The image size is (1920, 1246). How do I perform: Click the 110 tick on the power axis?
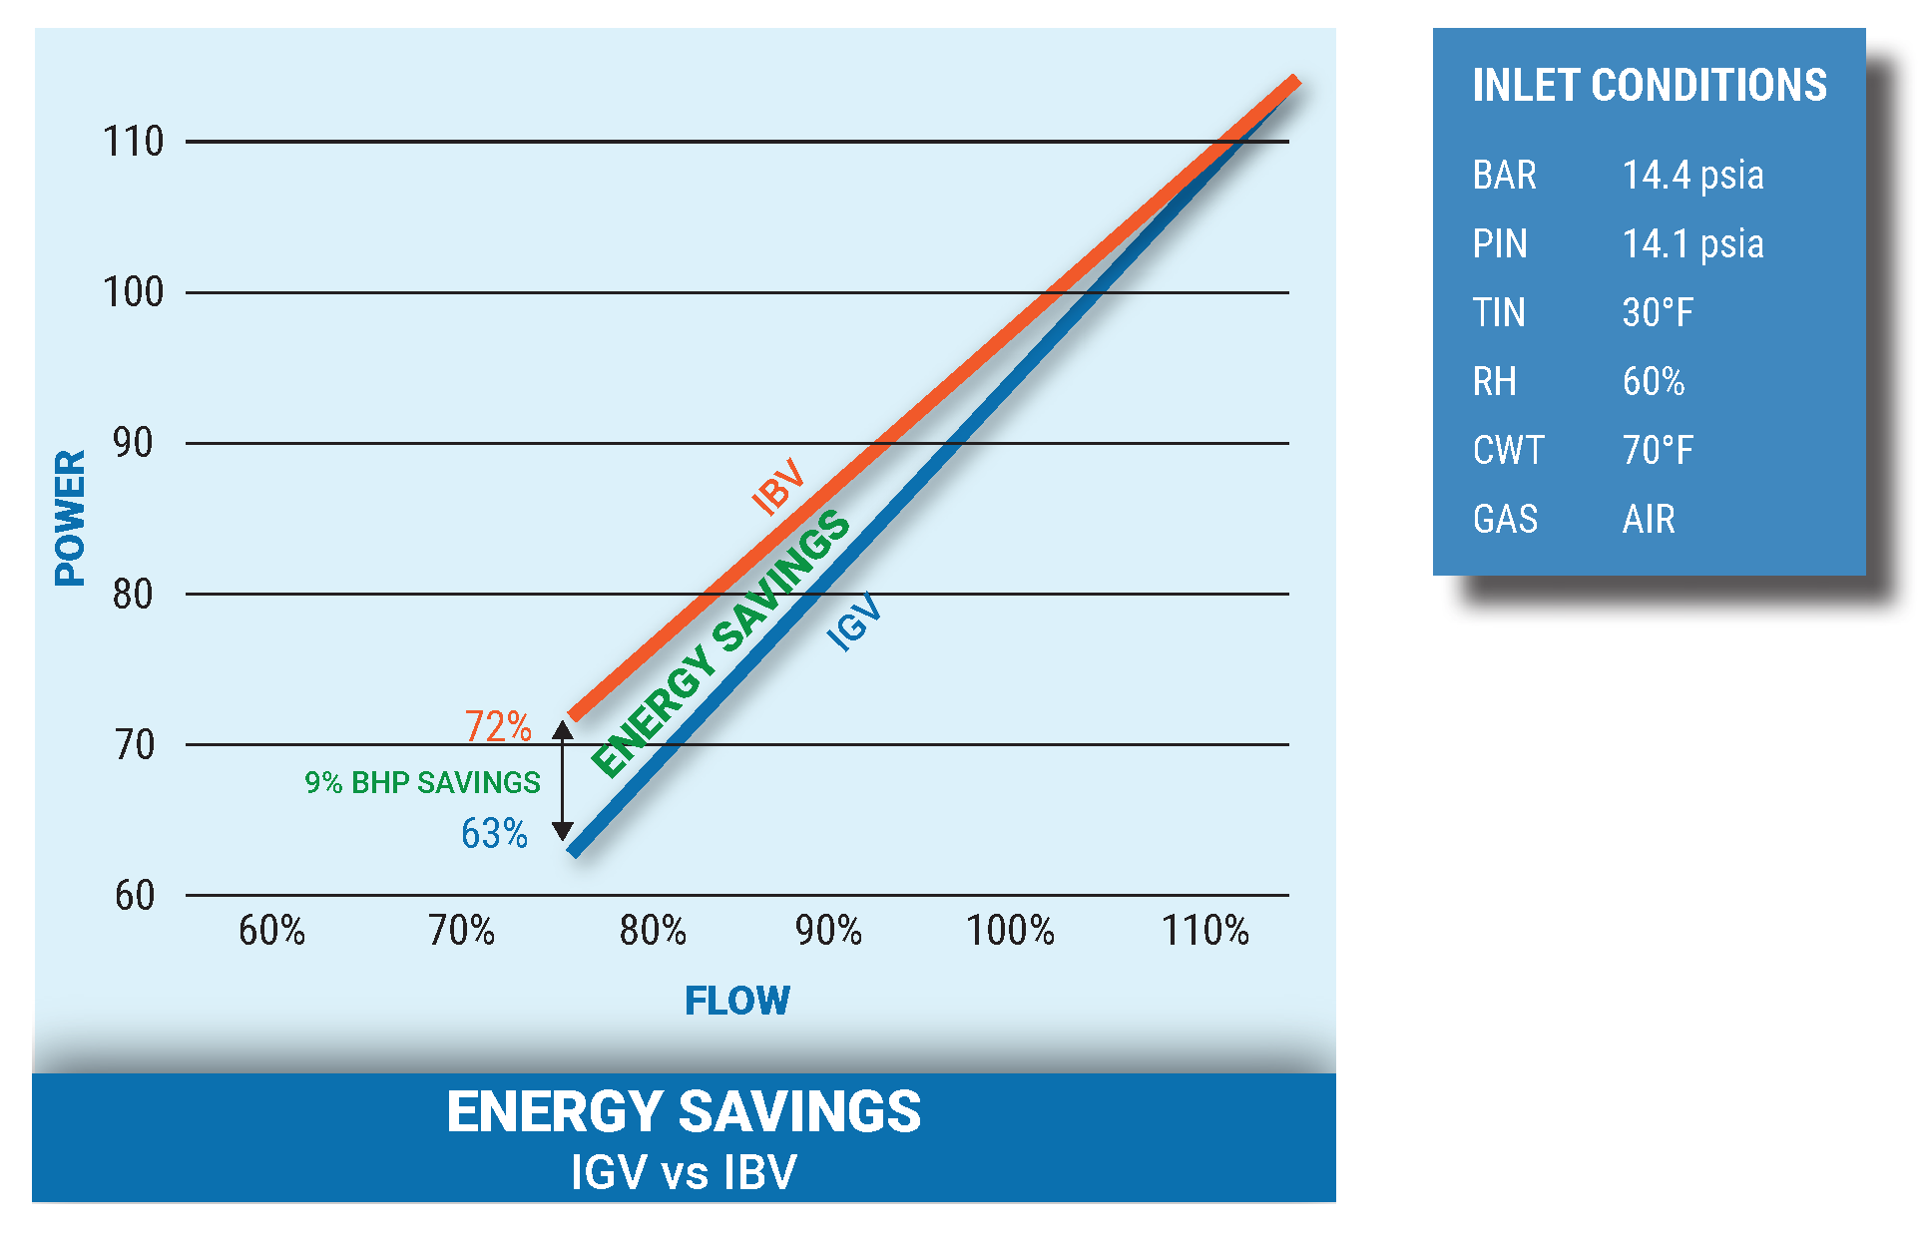click(134, 142)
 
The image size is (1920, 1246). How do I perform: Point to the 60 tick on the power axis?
click(135, 896)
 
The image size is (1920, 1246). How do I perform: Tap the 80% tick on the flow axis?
click(653, 931)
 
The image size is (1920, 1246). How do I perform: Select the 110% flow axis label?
click(1204, 931)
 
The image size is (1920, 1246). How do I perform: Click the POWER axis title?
click(70, 518)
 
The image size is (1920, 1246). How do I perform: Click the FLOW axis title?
click(737, 1001)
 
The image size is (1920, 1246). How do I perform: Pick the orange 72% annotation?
click(498, 726)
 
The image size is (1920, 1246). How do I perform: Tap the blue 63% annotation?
click(494, 833)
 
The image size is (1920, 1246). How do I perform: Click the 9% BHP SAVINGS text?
click(422, 782)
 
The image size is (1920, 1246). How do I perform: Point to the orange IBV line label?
click(778, 486)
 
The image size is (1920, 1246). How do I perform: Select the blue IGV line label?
click(855, 622)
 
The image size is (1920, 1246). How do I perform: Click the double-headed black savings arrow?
click(563, 780)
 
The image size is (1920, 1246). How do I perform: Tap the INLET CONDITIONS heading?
click(1650, 86)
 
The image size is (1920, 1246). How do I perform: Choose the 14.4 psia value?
click(1692, 176)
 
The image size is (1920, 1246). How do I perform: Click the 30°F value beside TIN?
click(1658, 313)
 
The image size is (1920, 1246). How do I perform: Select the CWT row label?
click(1508, 451)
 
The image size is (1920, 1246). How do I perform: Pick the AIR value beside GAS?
click(1649, 520)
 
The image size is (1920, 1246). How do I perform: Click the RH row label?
click(1494, 382)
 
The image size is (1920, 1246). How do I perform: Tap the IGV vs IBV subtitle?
click(684, 1172)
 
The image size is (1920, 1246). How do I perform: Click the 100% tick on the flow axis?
click(1010, 931)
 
